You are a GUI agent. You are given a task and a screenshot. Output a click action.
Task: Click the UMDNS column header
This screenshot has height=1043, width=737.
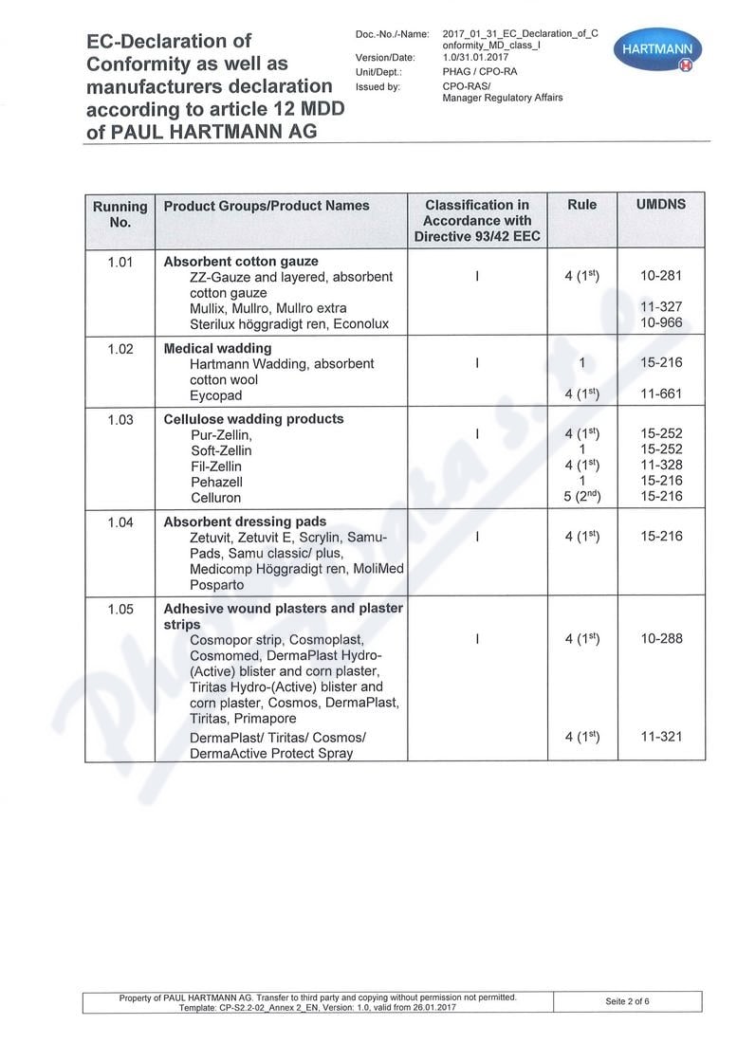tap(660, 205)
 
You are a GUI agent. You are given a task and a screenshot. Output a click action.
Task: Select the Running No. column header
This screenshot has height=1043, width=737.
tap(120, 214)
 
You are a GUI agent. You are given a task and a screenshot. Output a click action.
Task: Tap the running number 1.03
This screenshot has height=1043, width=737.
tap(120, 419)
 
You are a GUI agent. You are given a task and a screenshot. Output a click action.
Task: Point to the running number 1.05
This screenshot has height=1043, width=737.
tap(120, 609)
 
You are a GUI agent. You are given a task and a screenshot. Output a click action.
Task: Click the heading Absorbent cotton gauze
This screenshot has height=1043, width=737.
tap(241, 261)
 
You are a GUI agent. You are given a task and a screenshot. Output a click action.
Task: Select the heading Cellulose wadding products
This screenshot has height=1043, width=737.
tap(253, 419)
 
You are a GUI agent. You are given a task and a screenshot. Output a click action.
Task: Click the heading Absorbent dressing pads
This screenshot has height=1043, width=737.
tap(245, 521)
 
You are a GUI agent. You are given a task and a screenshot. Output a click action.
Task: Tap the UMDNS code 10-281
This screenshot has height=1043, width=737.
tap(660, 276)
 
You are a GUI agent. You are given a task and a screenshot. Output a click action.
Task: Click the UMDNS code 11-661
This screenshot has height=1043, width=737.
tap(660, 394)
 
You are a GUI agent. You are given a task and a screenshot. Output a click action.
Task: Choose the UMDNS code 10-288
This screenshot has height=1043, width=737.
tap(660, 639)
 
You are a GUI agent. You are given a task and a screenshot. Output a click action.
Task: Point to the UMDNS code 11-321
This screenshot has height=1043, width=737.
tap(660, 737)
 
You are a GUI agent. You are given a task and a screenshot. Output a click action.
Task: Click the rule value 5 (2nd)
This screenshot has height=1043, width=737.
tap(581, 497)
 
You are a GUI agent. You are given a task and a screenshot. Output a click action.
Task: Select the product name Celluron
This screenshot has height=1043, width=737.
tap(215, 497)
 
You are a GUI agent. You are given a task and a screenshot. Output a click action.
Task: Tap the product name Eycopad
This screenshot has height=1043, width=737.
tap(215, 394)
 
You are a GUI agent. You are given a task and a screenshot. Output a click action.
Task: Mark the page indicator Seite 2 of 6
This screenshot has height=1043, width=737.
tap(628, 1001)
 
